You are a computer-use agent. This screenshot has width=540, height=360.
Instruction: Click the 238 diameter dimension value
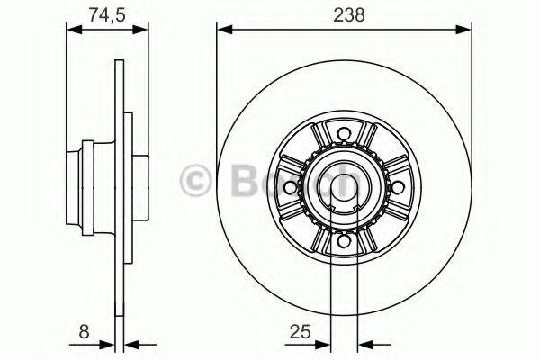343,14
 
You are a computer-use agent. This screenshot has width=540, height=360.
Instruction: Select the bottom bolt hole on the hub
342,240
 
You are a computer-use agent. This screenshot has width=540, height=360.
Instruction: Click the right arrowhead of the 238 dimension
465,30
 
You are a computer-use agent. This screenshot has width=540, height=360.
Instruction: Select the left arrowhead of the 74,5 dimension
75,30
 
